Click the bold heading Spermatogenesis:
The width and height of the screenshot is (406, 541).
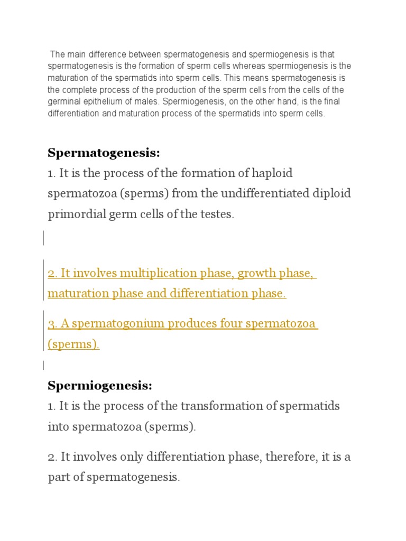tap(104, 153)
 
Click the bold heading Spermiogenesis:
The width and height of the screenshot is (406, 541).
tap(100, 386)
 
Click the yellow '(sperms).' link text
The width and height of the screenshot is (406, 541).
tap(73, 344)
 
